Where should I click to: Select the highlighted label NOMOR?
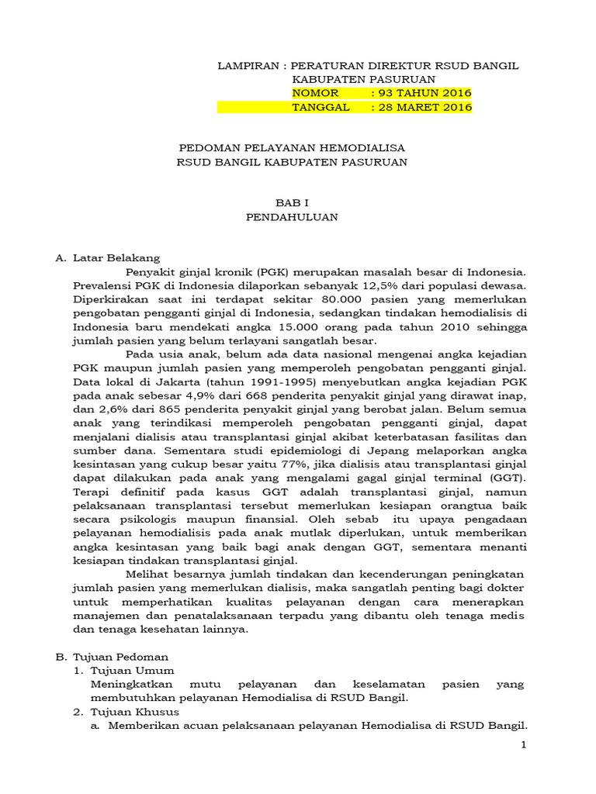pyautogui.click(x=315, y=94)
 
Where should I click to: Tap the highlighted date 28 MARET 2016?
pyautogui.click(x=425, y=108)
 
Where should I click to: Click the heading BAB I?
pyautogui.click(x=292, y=203)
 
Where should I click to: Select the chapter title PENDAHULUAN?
pyautogui.click(x=292, y=217)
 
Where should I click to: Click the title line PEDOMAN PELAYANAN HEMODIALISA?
pyautogui.click(x=292, y=147)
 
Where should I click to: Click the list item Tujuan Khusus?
pyautogui.click(x=135, y=711)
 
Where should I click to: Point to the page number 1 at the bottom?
pyautogui.click(x=523, y=745)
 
